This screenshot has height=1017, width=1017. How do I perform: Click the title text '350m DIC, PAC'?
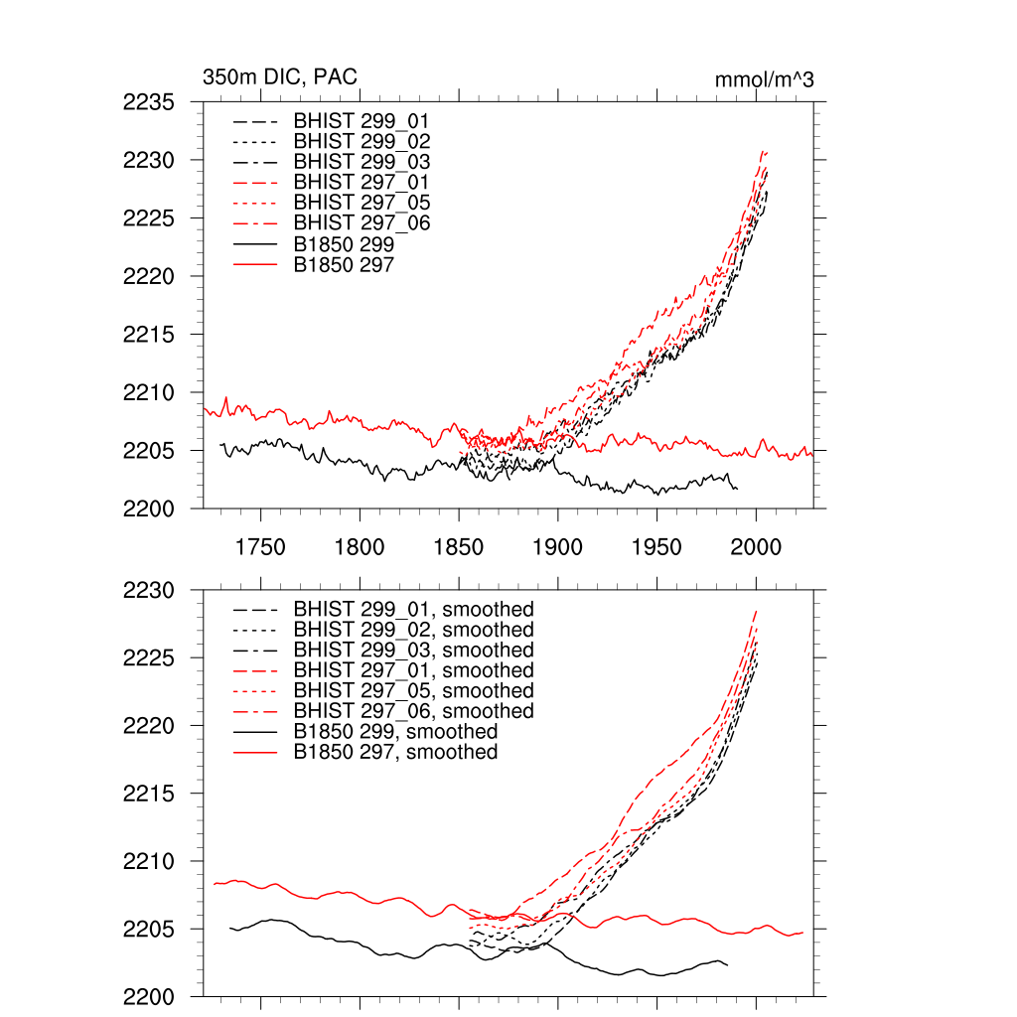click(280, 77)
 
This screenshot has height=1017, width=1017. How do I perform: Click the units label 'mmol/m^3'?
click(764, 79)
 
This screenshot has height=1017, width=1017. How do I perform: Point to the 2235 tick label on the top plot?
click(149, 101)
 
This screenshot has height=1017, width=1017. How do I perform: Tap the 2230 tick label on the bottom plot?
click(149, 590)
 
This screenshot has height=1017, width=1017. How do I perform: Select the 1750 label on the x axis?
click(260, 546)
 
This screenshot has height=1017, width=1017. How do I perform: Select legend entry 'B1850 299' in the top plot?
click(344, 243)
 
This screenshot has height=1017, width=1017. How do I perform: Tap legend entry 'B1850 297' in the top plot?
click(344, 264)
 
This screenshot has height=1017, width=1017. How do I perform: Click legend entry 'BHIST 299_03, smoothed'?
click(413, 650)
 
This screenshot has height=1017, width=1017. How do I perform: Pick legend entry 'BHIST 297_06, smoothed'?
click(413, 711)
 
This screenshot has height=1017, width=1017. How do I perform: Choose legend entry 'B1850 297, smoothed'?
click(395, 752)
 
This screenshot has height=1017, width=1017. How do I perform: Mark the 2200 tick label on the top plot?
click(149, 509)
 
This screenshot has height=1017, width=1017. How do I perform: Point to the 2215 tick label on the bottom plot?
click(149, 794)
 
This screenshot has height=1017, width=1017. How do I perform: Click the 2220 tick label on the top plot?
click(149, 276)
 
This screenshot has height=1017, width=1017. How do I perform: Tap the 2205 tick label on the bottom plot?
click(149, 930)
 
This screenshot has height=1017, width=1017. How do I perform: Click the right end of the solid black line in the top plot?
click(737, 489)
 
